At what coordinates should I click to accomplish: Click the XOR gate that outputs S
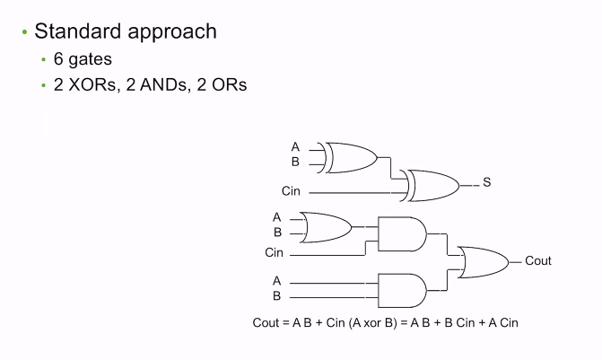pyautogui.click(x=432, y=185)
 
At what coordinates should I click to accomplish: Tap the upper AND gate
pyautogui.click(x=401, y=234)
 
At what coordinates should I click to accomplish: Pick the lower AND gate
pyautogui.click(x=401, y=289)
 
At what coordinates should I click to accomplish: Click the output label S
pyautogui.click(x=487, y=182)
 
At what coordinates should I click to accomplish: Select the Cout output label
pyautogui.click(x=538, y=261)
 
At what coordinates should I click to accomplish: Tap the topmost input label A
pyautogui.click(x=295, y=146)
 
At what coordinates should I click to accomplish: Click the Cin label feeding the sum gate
pyautogui.click(x=291, y=191)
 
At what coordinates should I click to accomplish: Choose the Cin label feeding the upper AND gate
pyautogui.click(x=274, y=253)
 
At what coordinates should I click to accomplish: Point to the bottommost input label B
pyautogui.click(x=276, y=295)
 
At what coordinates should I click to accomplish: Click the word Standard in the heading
pyautogui.click(x=74, y=31)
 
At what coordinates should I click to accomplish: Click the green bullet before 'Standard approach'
pyautogui.click(x=25, y=32)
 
